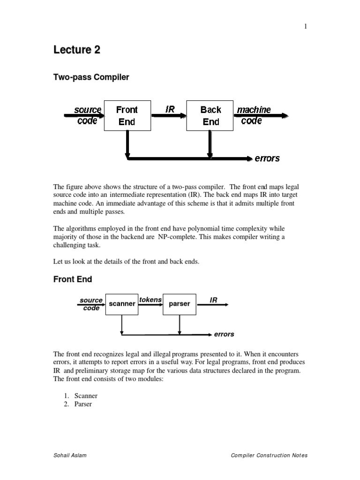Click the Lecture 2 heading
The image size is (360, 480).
point(76,50)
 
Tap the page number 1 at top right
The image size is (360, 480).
point(306,27)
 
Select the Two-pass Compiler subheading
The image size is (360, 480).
point(91,77)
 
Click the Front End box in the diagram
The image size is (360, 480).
point(127,115)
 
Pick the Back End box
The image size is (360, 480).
point(210,115)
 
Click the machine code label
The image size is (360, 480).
point(254,115)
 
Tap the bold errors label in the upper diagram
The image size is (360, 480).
point(267,158)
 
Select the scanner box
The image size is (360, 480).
point(122,304)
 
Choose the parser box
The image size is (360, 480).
point(179,304)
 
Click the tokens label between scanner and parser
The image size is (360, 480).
point(150,300)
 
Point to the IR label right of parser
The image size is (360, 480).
point(213,300)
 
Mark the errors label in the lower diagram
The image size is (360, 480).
point(224,335)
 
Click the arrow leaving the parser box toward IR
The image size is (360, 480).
point(212,305)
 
